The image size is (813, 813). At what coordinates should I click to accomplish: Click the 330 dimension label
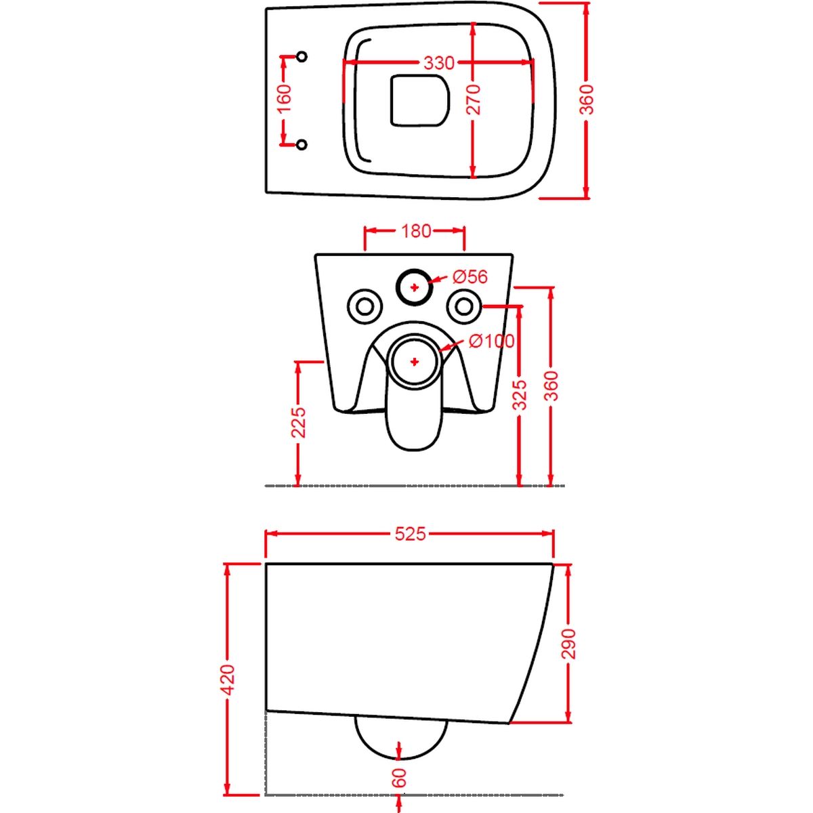pyautogui.click(x=439, y=63)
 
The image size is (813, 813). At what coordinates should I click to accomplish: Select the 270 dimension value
pyautogui.click(x=475, y=100)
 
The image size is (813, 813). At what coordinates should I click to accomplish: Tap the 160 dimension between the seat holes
pyautogui.click(x=285, y=98)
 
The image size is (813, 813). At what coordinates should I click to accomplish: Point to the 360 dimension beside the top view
pyautogui.click(x=587, y=100)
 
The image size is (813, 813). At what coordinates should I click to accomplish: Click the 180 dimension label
pyautogui.click(x=415, y=231)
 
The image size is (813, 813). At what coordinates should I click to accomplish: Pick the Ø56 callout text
pyautogui.click(x=470, y=277)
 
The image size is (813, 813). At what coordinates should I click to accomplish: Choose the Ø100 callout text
pyautogui.click(x=491, y=341)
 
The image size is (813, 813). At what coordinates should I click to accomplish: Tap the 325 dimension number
pyautogui.click(x=520, y=395)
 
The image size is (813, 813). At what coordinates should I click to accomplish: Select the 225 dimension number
pyautogui.click(x=299, y=422)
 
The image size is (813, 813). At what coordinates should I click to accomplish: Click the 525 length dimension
pyautogui.click(x=410, y=534)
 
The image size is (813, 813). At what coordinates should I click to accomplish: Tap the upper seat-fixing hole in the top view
pyautogui.click(x=301, y=56)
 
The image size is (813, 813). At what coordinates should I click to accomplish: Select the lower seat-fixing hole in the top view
pyautogui.click(x=301, y=145)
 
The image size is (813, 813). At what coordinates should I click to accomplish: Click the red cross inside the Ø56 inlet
pyautogui.click(x=415, y=287)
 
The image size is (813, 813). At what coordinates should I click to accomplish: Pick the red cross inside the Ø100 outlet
pyautogui.click(x=415, y=362)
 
